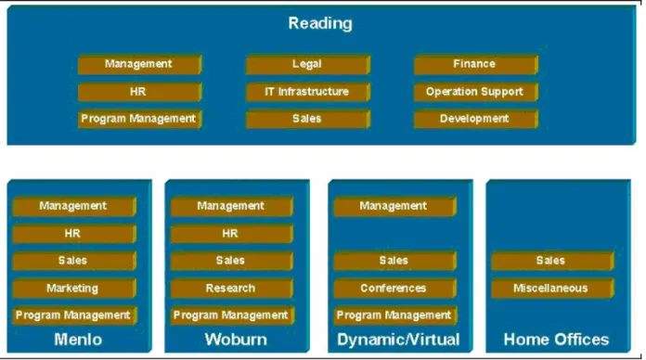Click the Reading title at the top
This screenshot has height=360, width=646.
tap(320, 23)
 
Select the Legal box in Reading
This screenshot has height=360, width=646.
tap(308, 64)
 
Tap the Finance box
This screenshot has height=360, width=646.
tap(476, 64)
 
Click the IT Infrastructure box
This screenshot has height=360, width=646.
tap(308, 92)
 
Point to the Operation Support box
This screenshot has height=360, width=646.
tap(476, 92)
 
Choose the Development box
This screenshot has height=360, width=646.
tap(476, 119)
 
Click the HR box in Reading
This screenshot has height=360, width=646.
tap(139, 92)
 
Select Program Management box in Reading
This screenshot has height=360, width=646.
tap(139, 119)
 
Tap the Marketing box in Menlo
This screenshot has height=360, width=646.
tap(74, 289)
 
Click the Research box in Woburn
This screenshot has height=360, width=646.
tap(231, 289)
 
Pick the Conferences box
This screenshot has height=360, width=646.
tap(394, 289)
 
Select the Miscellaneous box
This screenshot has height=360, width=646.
tap(552, 289)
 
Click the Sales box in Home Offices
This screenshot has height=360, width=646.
tap(552, 261)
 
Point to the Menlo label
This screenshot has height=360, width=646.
tap(78, 340)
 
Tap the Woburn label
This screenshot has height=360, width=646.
tap(236, 340)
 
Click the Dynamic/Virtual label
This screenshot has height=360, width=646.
tap(398, 340)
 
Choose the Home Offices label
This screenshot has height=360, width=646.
tap(556, 340)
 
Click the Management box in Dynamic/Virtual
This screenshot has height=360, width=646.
tap(394, 206)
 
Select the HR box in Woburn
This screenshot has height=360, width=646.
tap(231, 234)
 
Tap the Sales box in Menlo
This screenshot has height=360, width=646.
tap(74, 261)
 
